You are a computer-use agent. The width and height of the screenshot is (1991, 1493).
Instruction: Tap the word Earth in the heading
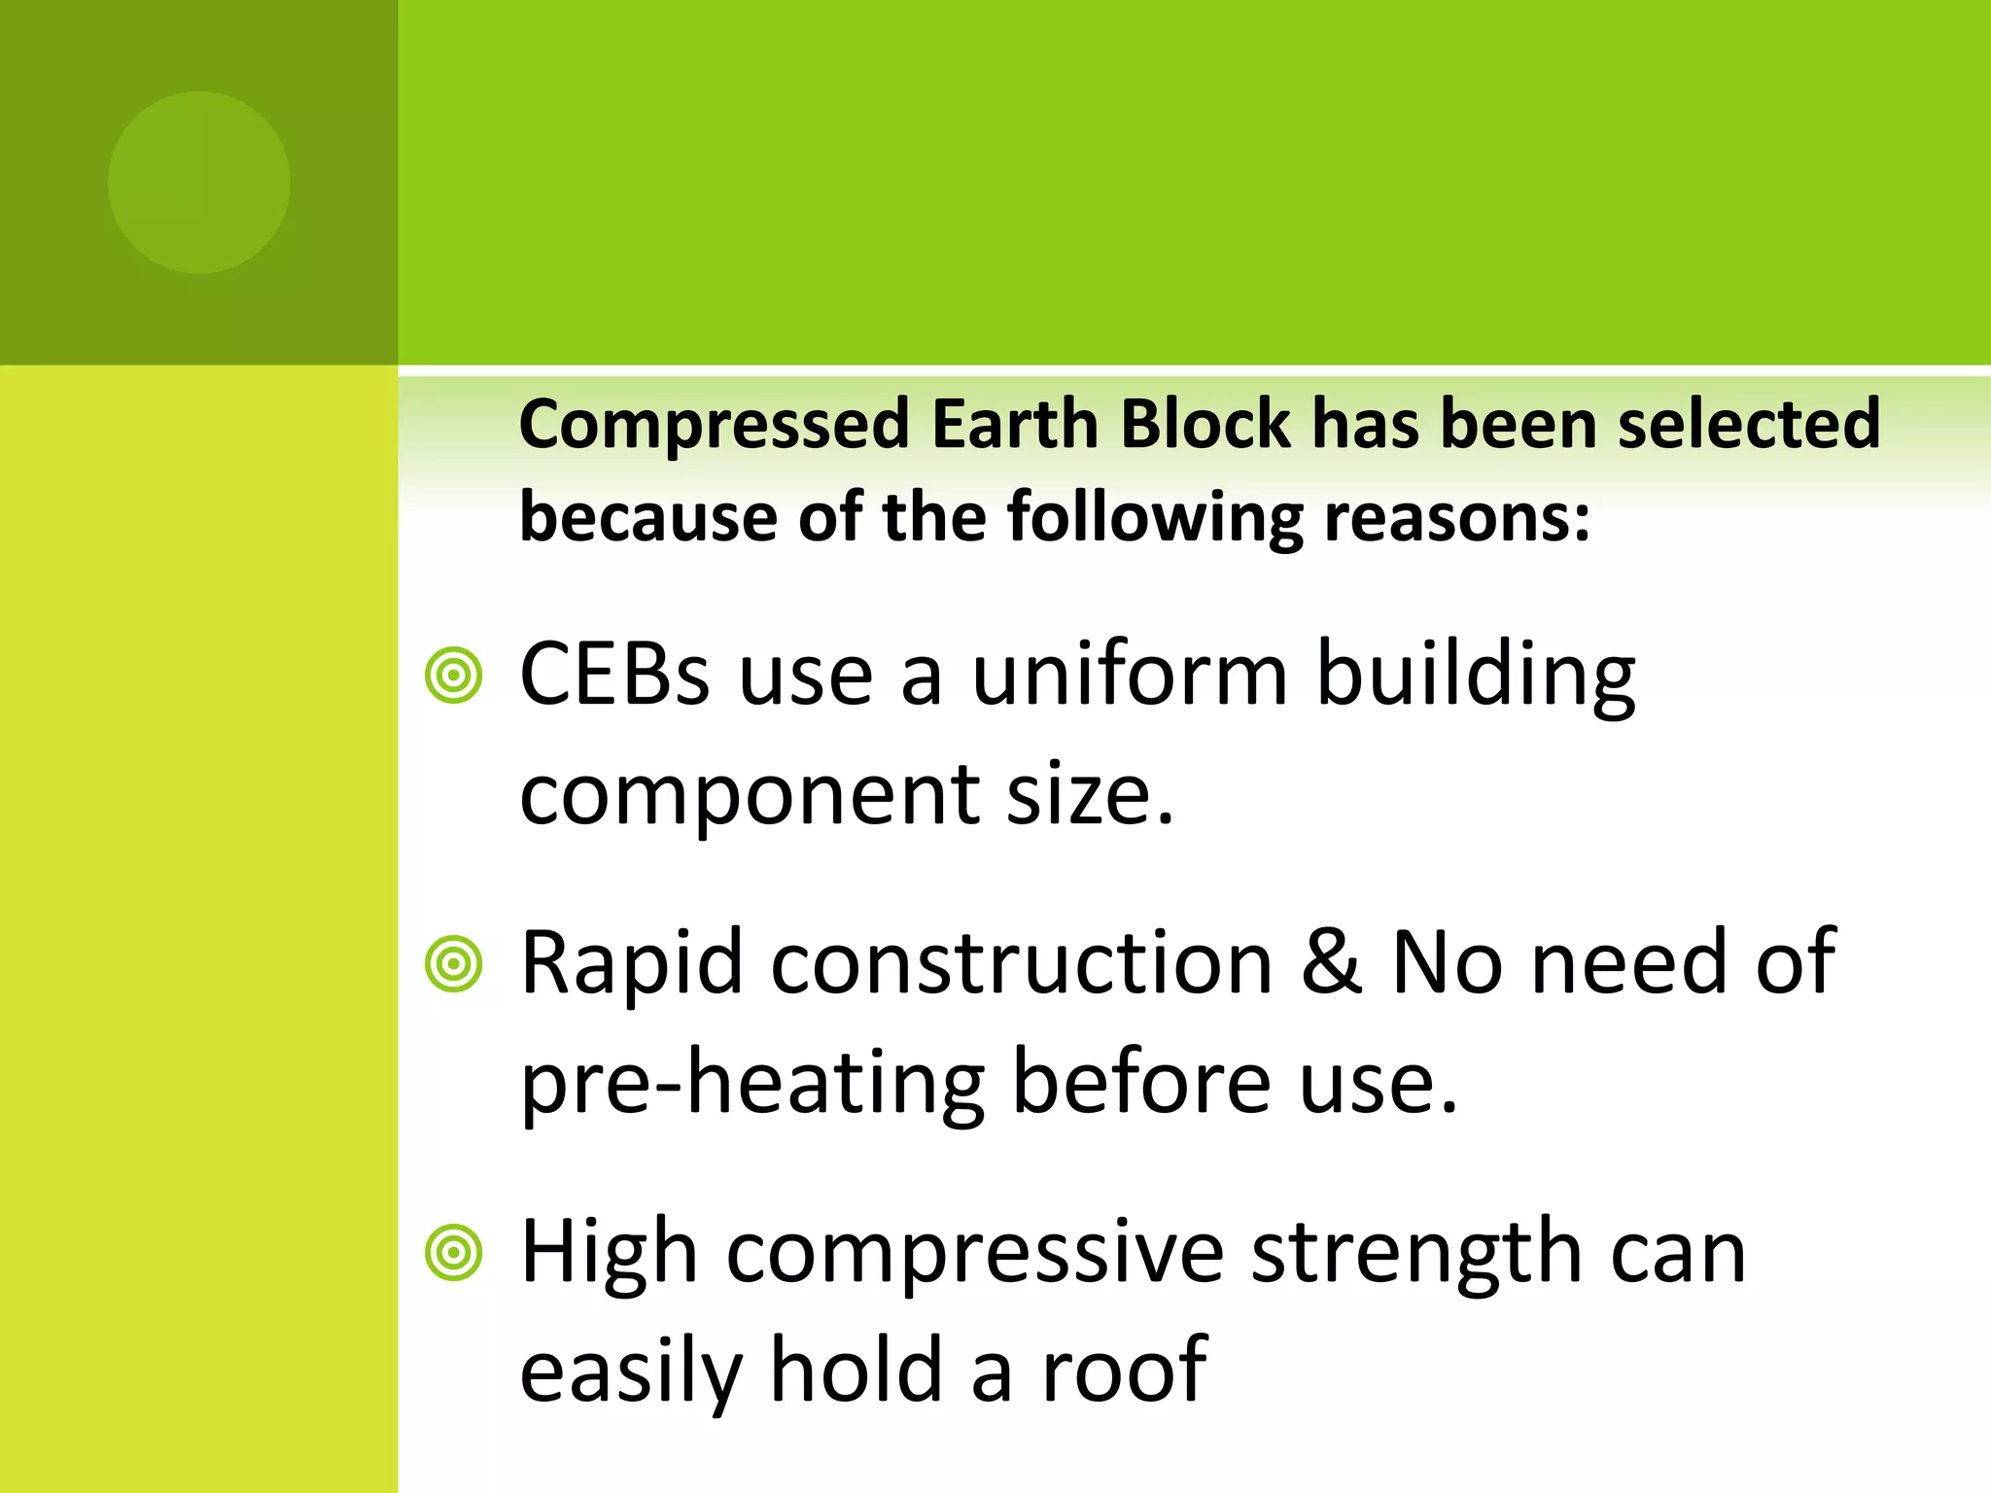(1014, 425)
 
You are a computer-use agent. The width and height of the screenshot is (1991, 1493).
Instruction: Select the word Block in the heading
(1205, 425)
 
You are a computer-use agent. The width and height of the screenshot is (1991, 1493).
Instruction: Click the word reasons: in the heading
(1457, 518)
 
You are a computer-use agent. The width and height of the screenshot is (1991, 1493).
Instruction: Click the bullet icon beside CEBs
(454, 676)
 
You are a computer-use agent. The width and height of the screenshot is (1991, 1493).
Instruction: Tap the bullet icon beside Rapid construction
(454, 964)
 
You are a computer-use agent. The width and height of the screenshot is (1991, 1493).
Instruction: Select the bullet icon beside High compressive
(454, 1253)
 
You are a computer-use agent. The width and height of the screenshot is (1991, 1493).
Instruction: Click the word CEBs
(615, 676)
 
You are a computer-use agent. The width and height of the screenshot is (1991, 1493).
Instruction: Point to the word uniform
(1130, 676)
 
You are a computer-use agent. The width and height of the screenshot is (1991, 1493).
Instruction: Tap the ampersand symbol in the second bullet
(1332, 962)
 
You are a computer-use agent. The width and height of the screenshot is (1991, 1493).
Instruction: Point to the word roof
(1125, 1370)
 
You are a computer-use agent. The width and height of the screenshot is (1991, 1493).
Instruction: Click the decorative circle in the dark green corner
(199, 183)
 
